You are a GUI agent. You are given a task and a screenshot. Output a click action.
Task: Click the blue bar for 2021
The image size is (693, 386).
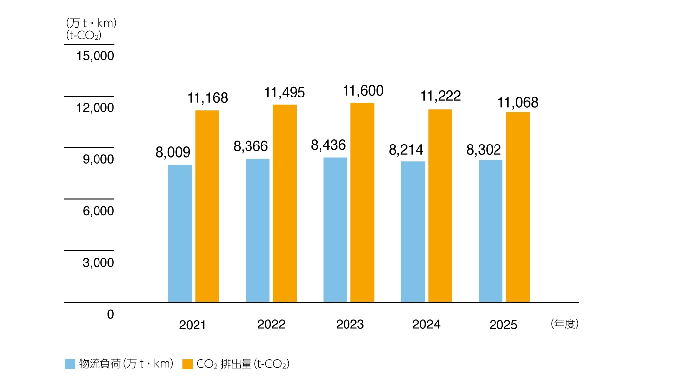coord(180,234)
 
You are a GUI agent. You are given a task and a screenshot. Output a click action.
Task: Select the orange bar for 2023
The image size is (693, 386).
coord(362,202)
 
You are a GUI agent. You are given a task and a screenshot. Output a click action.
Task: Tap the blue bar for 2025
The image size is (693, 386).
coord(491,231)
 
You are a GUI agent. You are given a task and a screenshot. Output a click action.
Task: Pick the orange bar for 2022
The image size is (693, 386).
coord(285,203)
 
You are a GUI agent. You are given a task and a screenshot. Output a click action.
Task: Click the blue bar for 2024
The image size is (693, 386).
coord(413,232)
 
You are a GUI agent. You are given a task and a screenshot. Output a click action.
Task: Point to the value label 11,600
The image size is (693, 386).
coord(363,91)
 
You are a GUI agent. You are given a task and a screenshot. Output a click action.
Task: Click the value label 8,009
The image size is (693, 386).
coord(173,152)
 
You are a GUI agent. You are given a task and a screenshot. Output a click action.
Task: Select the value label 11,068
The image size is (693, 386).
coord(518,103)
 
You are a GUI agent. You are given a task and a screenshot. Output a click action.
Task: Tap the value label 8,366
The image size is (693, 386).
coord(250,146)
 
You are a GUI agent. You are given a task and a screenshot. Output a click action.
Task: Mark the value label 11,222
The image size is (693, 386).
coord(440,96)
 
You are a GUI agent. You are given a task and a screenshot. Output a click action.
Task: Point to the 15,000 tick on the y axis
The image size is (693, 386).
coord(95,56)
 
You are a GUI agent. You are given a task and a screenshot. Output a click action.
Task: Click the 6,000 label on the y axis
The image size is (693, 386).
coord(98,211)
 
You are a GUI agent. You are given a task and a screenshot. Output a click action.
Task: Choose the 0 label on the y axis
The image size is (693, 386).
coord(110,314)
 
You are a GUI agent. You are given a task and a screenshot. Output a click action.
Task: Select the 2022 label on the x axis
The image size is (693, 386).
coord(271,324)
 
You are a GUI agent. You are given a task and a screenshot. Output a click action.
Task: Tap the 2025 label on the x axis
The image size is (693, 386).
coord(503,325)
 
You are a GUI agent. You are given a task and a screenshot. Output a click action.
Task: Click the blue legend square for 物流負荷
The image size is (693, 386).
coord(70,364)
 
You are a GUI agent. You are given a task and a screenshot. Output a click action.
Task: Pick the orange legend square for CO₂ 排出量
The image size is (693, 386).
coord(187,364)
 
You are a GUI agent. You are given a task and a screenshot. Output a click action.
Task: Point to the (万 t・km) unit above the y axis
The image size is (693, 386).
coord(91,23)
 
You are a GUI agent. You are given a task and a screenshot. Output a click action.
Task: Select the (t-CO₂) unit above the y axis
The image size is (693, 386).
coord(84,35)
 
